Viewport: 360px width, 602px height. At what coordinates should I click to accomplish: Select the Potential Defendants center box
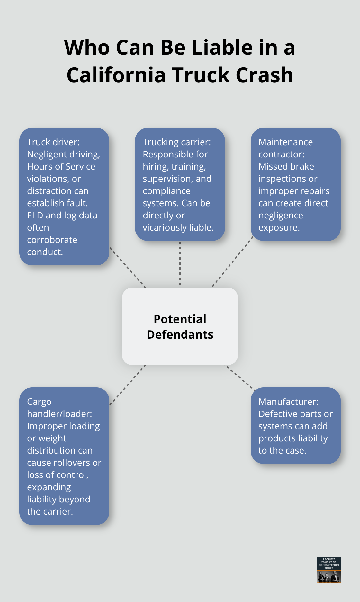180,326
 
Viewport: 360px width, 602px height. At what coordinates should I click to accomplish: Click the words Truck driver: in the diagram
53,142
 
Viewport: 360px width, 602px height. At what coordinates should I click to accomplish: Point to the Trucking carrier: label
177,142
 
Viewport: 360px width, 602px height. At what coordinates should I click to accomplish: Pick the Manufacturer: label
288,402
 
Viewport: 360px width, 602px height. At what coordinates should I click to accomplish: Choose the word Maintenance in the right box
285,142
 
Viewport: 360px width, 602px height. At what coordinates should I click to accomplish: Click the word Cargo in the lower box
39,402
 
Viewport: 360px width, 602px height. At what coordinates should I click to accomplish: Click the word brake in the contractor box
303,166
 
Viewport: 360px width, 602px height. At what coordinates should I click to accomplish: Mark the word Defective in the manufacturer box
278,414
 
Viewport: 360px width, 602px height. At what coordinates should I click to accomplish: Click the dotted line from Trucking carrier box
180,263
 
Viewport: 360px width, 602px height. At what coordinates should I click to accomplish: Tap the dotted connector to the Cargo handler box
128,385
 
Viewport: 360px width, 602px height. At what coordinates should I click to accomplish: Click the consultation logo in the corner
328,570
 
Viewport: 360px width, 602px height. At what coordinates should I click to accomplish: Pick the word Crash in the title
264,75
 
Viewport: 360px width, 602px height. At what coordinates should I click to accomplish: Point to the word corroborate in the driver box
52,240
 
